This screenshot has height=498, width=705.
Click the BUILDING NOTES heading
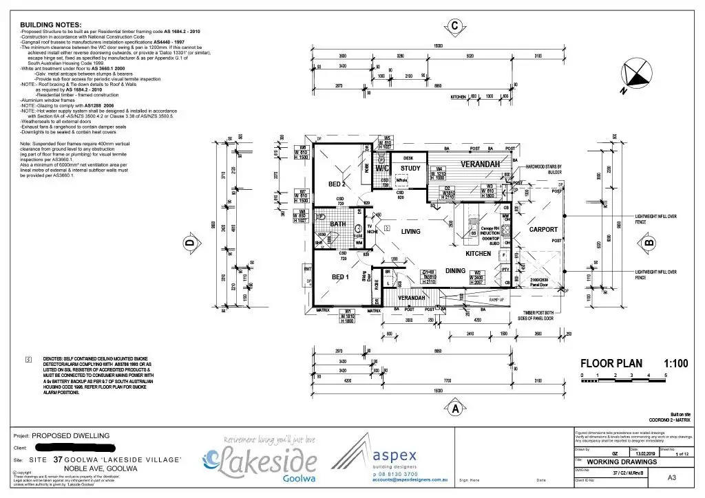coord(51,24)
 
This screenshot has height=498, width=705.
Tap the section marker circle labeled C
coord(454,27)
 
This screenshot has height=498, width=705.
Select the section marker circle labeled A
coord(454,408)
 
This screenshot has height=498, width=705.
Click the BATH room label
coord(337,224)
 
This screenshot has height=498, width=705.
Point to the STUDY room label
coord(410,169)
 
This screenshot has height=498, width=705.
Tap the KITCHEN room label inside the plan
coord(478,253)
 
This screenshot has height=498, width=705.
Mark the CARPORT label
coord(543,230)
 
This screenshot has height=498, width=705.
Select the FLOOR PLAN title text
coord(611,364)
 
